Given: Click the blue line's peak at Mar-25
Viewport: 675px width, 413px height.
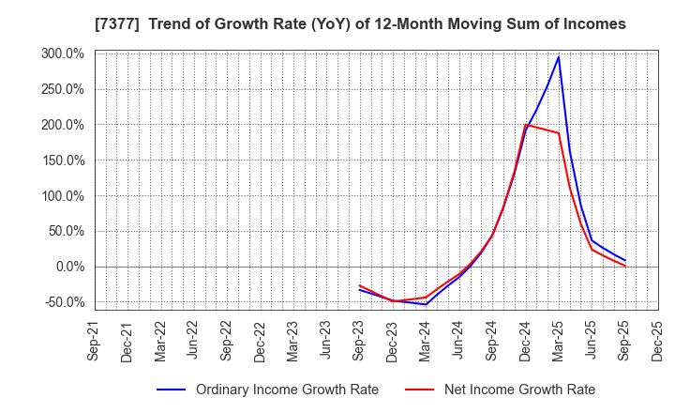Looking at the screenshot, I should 559,56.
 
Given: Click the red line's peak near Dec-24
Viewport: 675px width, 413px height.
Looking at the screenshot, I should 526,125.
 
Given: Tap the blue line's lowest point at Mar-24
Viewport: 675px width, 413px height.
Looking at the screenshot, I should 426,304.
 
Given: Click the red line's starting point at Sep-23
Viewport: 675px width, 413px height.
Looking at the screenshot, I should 359,285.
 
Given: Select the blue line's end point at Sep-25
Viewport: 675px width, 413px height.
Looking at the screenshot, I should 625,261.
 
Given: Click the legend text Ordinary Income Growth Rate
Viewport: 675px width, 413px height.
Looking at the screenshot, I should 287,390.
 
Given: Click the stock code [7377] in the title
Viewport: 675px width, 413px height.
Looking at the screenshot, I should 61,23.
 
